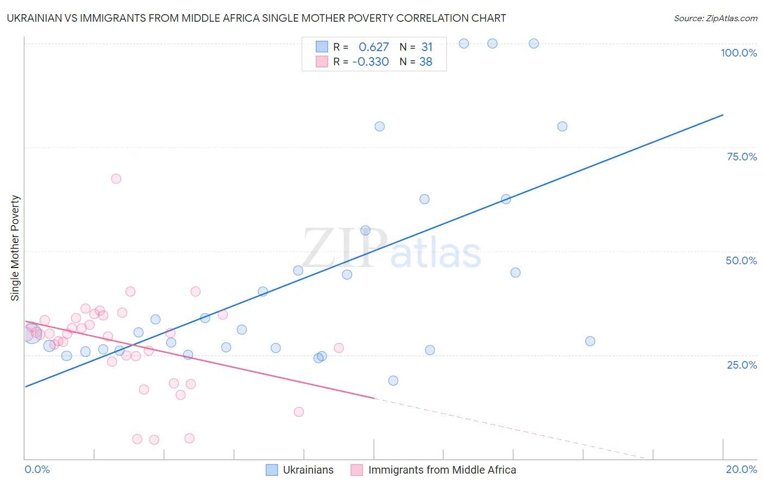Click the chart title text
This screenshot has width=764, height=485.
tap(256, 18)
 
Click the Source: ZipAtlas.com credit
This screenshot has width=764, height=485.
tap(715, 18)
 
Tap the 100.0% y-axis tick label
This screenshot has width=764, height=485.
tap(738, 53)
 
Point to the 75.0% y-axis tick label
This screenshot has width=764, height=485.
tap(742, 157)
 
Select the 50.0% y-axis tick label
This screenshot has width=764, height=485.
tap(741, 260)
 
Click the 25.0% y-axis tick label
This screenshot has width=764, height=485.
tap(742, 364)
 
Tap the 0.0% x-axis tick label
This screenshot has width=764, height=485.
tap(37, 469)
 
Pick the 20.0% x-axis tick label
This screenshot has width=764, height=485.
tap(741, 469)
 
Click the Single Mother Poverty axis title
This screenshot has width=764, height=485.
tap(15, 248)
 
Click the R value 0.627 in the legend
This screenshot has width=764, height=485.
tap(374, 47)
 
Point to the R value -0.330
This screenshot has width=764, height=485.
tap(371, 61)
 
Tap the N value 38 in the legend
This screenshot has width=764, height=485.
tap(425, 61)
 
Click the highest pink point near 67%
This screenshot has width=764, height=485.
tap(116, 179)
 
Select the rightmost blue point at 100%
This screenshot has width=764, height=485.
tap(534, 43)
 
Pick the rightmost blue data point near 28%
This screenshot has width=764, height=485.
tap(590, 341)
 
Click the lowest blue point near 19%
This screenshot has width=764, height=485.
tap(393, 381)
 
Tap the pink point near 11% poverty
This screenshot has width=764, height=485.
tap(298, 412)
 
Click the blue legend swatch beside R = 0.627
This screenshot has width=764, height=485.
tap(322, 47)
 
